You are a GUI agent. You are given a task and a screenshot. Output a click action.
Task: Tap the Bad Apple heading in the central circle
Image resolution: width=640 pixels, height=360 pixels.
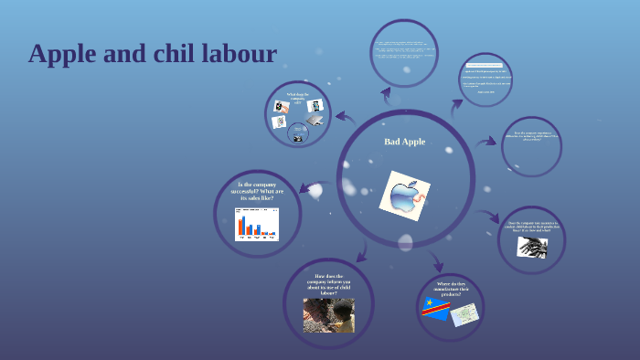tap(404, 142)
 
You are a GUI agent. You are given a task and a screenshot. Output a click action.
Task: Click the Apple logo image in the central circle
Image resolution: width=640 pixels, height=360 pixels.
tap(404, 196)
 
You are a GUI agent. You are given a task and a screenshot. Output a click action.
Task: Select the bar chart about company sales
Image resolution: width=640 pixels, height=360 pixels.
tap(256, 224)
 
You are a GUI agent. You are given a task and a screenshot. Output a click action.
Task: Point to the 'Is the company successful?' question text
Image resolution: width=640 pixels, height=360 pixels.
tap(257, 192)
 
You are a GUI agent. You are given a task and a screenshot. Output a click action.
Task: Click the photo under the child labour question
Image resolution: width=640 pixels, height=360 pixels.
tap(328, 314)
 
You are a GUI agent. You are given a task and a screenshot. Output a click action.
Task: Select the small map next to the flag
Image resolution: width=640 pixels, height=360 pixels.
tap(464, 314)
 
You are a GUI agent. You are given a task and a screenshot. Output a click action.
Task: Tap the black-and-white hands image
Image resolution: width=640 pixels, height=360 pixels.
tap(531, 247)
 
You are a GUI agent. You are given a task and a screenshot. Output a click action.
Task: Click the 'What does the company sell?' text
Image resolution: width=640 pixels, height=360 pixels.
tap(297, 98)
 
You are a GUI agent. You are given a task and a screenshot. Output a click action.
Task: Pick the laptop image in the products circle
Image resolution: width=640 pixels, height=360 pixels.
tap(315, 120)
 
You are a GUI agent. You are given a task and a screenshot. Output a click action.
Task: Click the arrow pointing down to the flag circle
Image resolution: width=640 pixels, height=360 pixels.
tap(435, 262)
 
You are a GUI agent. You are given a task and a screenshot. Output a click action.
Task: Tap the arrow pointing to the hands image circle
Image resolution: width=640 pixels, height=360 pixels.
tap(491, 217)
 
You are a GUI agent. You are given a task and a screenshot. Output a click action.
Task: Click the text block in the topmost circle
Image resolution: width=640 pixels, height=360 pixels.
tap(403, 53)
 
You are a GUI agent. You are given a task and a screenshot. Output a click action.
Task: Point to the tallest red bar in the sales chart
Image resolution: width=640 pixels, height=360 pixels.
tap(241, 227)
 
